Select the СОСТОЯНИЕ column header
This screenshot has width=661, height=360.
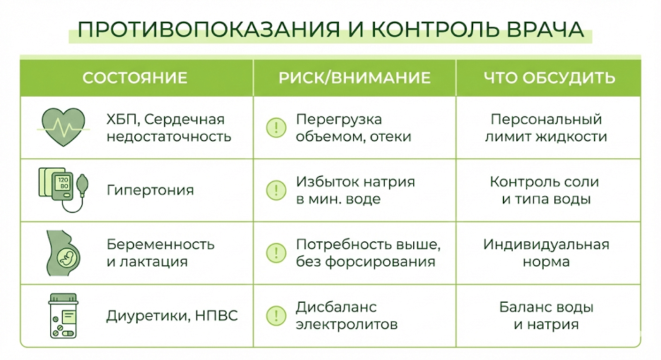(135, 78)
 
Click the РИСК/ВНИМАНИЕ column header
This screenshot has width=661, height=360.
(355, 78)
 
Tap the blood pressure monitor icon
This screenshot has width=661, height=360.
(62, 188)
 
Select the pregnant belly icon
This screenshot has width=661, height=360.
(62, 252)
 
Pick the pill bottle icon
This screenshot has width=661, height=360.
(62, 316)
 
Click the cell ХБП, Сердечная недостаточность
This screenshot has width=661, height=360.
(169, 128)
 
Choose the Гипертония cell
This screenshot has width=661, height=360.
(150, 190)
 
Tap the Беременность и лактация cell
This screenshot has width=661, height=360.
(160, 253)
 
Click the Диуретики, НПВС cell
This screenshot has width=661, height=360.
(172, 316)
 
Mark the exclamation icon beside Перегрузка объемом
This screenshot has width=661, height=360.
(273, 128)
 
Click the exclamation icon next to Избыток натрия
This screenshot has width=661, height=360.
(273, 190)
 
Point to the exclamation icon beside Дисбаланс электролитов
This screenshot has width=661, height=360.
(273, 316)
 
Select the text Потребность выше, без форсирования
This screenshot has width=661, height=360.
(367, 253)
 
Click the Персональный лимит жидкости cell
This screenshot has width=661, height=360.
(546, 128)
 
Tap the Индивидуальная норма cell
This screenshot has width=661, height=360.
(546, 253)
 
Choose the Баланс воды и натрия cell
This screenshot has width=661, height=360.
(546, 316)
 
